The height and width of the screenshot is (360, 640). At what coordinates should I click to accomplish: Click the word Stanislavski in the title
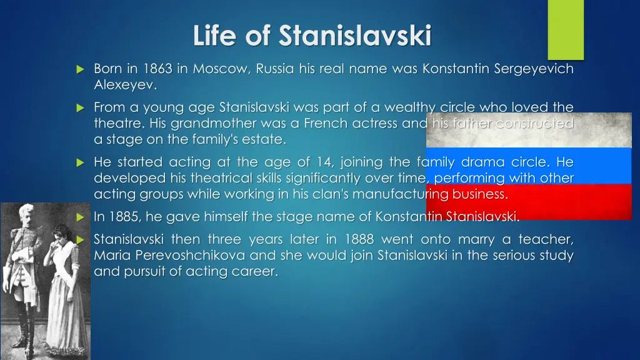click(355, 36)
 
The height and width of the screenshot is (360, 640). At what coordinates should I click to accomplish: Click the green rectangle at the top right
click(566, 29)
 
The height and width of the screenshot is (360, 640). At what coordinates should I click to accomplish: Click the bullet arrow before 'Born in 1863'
click(79, 69)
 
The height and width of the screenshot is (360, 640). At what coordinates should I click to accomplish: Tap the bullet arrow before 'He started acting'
click(79, 162)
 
